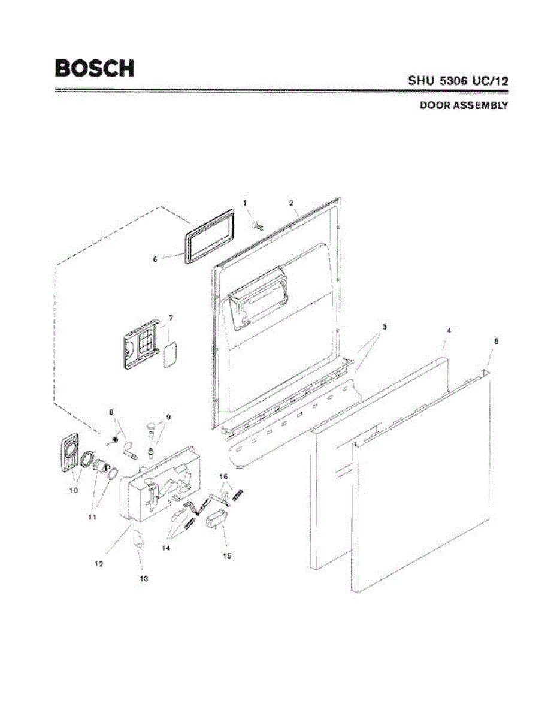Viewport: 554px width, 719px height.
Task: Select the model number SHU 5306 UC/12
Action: pyautogui.click(x=458, y=80)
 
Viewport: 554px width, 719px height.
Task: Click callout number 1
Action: pyautogui.click(x=246, y=204)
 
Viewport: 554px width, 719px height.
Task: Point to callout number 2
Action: pyautogui.click(x=291, y=203)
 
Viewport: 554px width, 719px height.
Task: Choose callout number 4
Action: pyautogui.click(x=449, y=330)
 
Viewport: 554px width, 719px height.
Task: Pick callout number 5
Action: pyautogui.click(x=496, y=340)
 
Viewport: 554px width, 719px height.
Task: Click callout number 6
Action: pyautogui.click(x=155, y=259)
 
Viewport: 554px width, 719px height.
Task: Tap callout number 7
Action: pyautogui.click(x=171, y=318)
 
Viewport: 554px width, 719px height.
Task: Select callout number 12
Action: pyautogui.click(x=99, y=563)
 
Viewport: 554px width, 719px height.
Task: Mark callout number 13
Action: pyautogui.click(x=144, y=579)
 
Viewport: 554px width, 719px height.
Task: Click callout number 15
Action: pyautogui.click(x=227, y=555)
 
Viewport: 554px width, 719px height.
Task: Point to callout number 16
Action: pyautogui.click(x=223, y=476)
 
